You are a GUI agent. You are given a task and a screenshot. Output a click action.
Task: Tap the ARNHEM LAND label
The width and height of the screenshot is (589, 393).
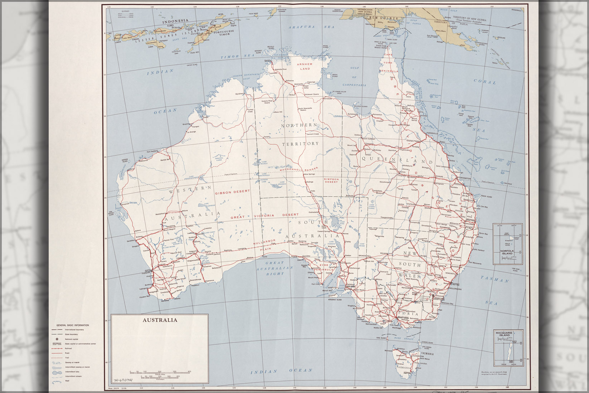[x=305, y=66]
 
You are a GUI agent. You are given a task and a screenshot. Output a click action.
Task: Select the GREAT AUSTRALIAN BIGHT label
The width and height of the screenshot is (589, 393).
[x=274, y=268]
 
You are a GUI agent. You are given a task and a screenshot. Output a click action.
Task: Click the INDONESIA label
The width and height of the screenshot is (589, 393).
[x=175, y=21]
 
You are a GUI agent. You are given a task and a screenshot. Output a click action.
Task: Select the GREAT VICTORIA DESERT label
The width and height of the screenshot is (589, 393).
[x=264, y=216]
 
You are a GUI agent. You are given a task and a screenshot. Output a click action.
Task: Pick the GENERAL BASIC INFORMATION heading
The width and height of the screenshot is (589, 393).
[x=70, y=325]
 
